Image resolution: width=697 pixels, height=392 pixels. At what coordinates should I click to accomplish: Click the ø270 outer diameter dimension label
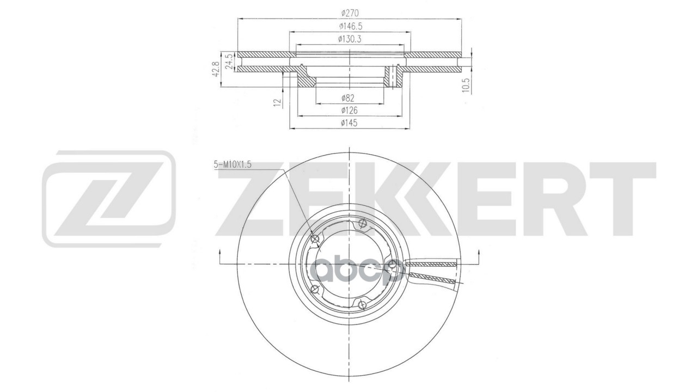[350, 13]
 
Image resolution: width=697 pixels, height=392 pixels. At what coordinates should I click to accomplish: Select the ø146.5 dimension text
[351, 27]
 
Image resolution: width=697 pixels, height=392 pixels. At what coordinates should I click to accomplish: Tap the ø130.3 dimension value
[350, 39]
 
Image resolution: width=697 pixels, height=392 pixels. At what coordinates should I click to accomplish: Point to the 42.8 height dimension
[217, 69]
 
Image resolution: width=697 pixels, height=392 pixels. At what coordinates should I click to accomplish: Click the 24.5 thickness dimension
[229, 62]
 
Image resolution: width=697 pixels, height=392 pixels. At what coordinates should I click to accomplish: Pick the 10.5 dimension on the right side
[465, 85]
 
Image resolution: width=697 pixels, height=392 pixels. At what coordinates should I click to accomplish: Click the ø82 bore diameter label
[348, 99]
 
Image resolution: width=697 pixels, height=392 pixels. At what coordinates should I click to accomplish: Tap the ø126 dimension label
[349, 111]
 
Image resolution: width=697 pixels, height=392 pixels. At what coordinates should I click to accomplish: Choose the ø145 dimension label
[349, 123]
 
